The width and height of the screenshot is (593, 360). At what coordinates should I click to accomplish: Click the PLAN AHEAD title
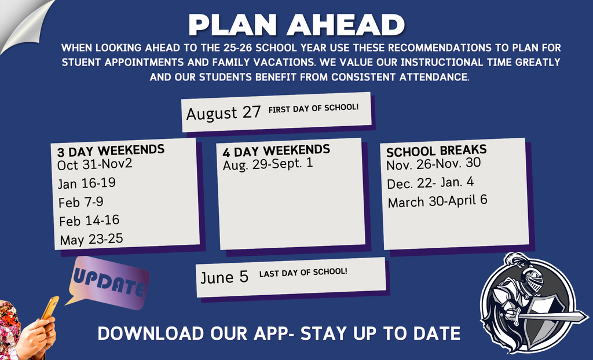[x=296, y=25]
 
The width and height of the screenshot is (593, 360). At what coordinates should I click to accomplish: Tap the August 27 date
[x=224, y=113]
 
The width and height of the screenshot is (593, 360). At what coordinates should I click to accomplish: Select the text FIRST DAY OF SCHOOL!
[x=313, y=108]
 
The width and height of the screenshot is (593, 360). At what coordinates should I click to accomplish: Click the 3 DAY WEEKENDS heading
[x=111, y=150]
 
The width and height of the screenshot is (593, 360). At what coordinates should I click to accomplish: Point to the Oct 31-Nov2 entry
[x=95, y=164]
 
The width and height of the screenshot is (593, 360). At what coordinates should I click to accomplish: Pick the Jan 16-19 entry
[x=87, y=183]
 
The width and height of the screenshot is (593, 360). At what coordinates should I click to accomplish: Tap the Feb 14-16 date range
[x=89, y=221]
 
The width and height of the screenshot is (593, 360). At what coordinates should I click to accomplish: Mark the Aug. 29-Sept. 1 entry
[x=268, y=164]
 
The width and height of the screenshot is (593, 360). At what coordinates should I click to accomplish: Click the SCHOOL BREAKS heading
[x=437, y=151]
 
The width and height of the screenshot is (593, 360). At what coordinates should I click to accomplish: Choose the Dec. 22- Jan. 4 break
[x=430, y=183]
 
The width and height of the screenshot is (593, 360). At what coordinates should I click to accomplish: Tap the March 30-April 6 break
[x=438, y=201]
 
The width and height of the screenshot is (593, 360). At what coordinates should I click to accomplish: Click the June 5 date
[x=224, y=278]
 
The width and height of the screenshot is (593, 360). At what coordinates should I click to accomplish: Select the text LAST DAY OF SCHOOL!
[x=303, y=273]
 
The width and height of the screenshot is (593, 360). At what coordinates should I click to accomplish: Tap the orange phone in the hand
[x=50, y=308]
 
